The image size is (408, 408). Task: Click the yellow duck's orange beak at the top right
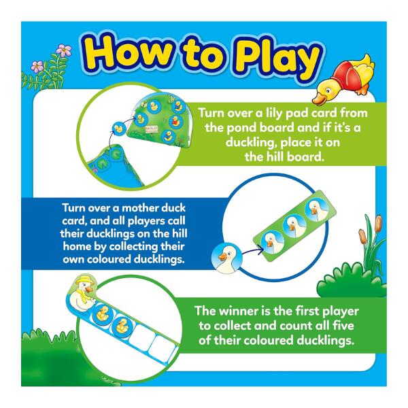tap(318, 99)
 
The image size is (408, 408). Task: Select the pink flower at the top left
tap(64, 50)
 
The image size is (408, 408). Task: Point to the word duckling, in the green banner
tap(249, 143)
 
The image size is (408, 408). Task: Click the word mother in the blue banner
tap(141, 208)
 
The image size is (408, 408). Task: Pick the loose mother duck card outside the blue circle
tap(227, 258)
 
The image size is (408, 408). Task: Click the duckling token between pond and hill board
tap(118, 129)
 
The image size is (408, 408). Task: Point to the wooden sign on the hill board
tap(152, 129)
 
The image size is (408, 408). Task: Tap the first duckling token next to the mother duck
tap(102, 313)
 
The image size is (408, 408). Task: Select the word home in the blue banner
tap(76, 246)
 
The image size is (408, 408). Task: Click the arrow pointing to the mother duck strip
tap(252, 251)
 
